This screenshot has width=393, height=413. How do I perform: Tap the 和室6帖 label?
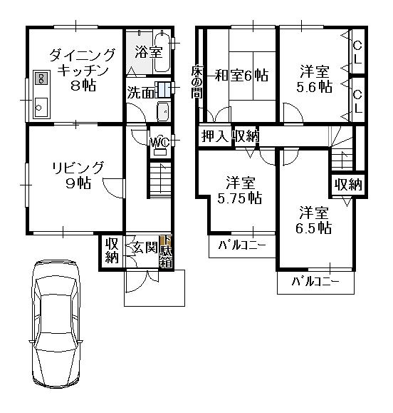click(x=241, y=73)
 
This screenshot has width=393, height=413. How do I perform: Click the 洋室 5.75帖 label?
click(x=239, y=190)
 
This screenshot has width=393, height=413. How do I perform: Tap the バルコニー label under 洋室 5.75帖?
click(x=241, y=246)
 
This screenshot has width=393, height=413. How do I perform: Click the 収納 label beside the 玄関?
click(x=111, y=250)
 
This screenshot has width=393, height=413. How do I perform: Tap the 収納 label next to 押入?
click(x=246, y=136)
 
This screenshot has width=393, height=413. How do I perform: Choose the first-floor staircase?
click(x=160, y=179)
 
